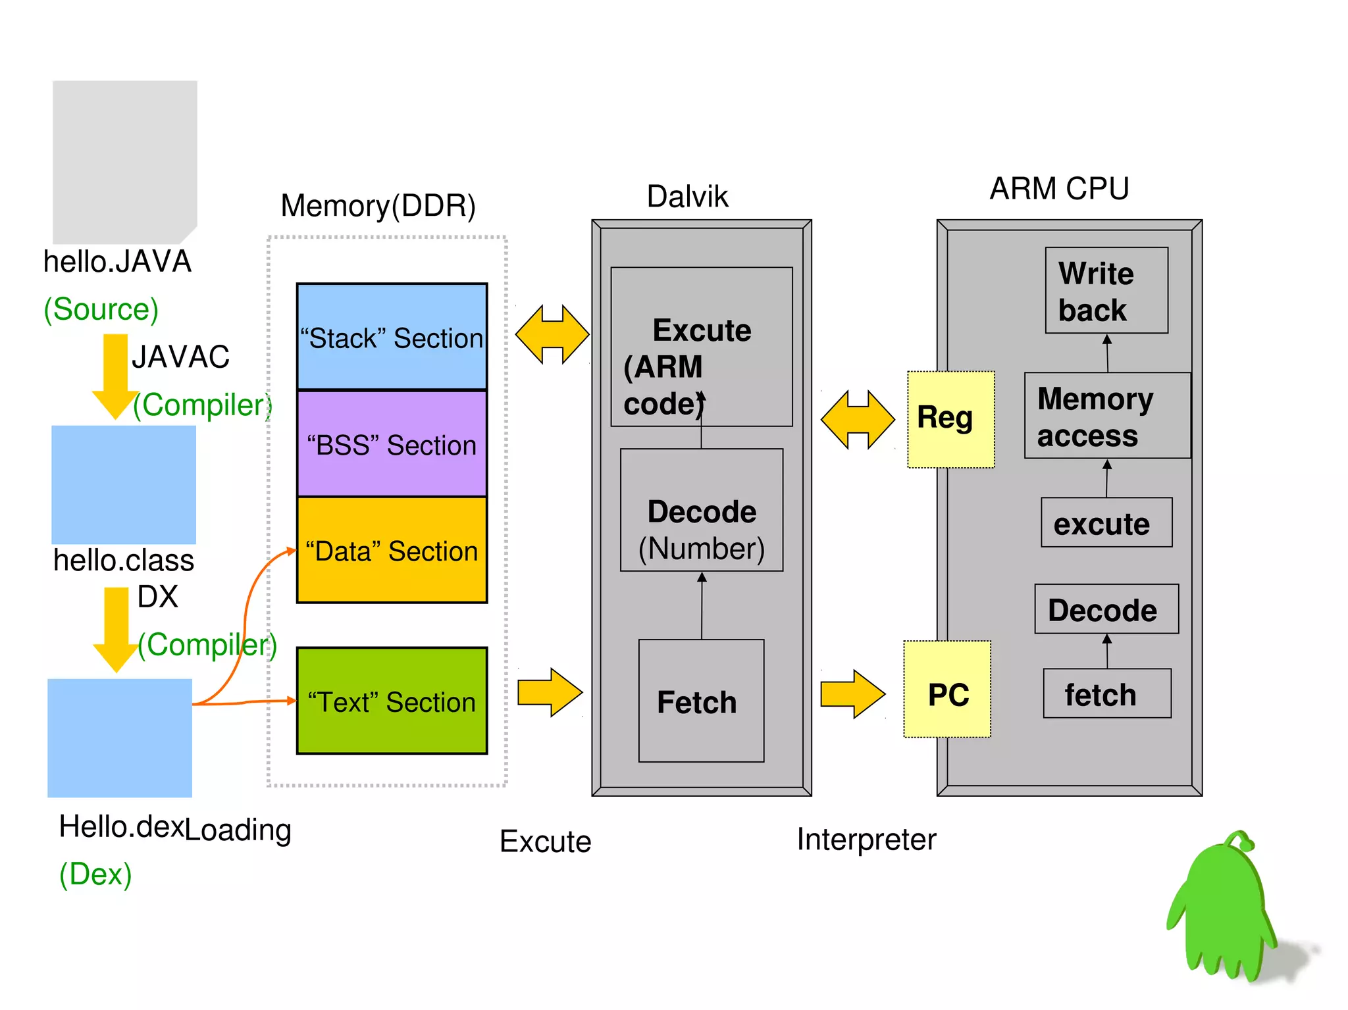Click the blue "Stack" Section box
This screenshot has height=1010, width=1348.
coord(392,336)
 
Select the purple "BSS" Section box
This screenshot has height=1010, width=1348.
coord(392,443)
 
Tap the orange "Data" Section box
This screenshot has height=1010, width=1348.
coord(392,550)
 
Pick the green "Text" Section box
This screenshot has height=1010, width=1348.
coord(392,701)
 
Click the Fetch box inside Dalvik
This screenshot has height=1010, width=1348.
coord(701,701)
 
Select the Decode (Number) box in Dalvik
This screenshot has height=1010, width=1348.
coord(702,510)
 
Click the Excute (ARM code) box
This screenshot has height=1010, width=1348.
coord(702,347)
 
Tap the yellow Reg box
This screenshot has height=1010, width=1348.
coord(950,419)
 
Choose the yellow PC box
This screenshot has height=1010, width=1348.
coord(948,689)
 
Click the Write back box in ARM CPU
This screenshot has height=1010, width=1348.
coord(1106,290)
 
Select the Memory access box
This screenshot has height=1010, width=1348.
coord(1107,415)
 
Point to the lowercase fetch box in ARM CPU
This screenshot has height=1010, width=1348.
coord(1106,694)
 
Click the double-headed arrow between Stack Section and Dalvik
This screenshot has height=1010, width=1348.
coord(552,334)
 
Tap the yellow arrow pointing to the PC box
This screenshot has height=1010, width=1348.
coord(852,694)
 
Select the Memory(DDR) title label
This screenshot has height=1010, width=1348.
coord(378,205)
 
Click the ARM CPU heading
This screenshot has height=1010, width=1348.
coord(1059,189)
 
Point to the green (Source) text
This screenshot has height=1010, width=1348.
coord(101,309)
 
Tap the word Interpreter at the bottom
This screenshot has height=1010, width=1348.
coord(866,840)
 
